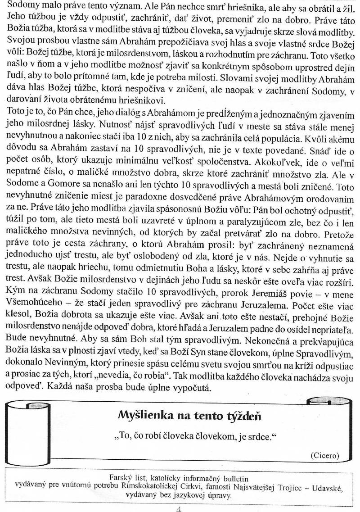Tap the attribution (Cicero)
point(325,455)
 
